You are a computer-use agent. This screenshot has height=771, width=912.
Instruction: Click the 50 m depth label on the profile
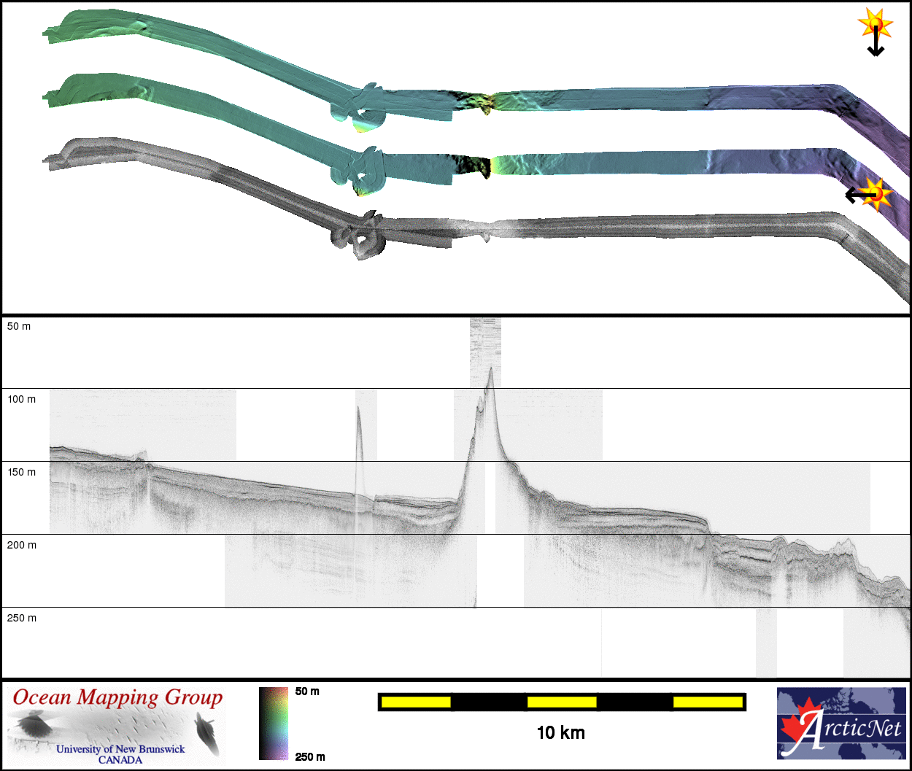(x=19, y=326)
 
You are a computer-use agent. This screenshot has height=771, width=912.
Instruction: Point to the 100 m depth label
(x=21, y=400)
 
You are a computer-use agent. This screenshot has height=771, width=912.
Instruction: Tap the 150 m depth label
(x=21, y=473)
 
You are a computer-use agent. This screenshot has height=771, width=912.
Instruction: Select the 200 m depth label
(x=21, y=545)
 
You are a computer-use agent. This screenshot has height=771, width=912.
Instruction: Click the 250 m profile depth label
(x=21, y=618)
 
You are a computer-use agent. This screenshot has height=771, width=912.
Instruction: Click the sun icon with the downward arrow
(x=876, y=23)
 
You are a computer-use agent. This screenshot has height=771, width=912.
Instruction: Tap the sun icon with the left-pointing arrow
(x=876, y=194)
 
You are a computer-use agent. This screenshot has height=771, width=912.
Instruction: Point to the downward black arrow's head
(x=876, y=51)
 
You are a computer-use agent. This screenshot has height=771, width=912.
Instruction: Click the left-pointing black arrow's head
(x=850, y=195)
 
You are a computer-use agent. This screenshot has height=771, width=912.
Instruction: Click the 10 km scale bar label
(x=561, y=732)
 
